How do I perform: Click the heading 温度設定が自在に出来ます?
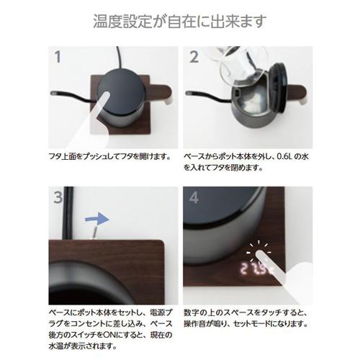click(x=179, y=19)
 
